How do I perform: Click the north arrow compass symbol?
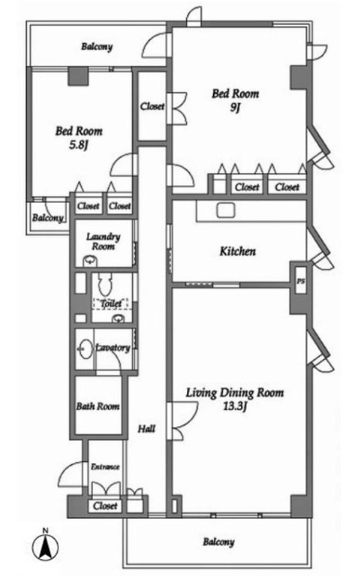(45, 547)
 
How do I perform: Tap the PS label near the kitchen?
(300, 281)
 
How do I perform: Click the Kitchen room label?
(237, 251)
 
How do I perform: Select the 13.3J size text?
(235, 406)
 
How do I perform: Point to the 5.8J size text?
(78, 145)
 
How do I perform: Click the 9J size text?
(235, 107)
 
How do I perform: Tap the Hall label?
(147, 429)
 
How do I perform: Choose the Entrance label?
(105, 466)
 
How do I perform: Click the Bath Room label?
(98, 406)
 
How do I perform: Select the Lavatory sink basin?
(85, 349)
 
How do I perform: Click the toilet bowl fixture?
(105, 285)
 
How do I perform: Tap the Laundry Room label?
(103, 242)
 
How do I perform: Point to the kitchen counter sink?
(226, 210)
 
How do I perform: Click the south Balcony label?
(219, 542)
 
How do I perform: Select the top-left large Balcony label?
(97, 47)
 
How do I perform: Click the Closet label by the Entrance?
(105, 506)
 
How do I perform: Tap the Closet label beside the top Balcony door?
(152, 107)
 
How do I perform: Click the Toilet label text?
(111, 304)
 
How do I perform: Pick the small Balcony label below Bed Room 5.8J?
(47, 218)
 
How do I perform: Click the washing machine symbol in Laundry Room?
(90, 261)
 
